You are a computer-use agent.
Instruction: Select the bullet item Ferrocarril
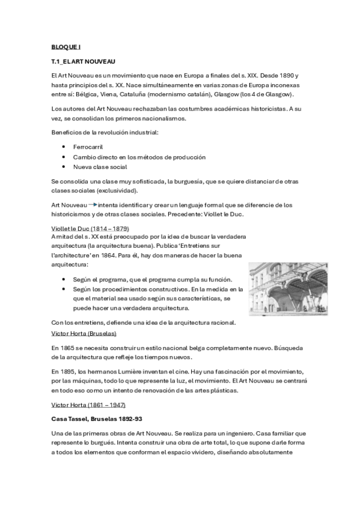(88, 147)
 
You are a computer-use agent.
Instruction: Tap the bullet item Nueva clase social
(100, 167)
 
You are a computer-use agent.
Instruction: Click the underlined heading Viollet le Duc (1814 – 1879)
(90, 229)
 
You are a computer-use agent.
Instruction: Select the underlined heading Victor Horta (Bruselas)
(84, 333)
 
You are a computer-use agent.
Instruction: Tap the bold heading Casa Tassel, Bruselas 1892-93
(99, 418)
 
